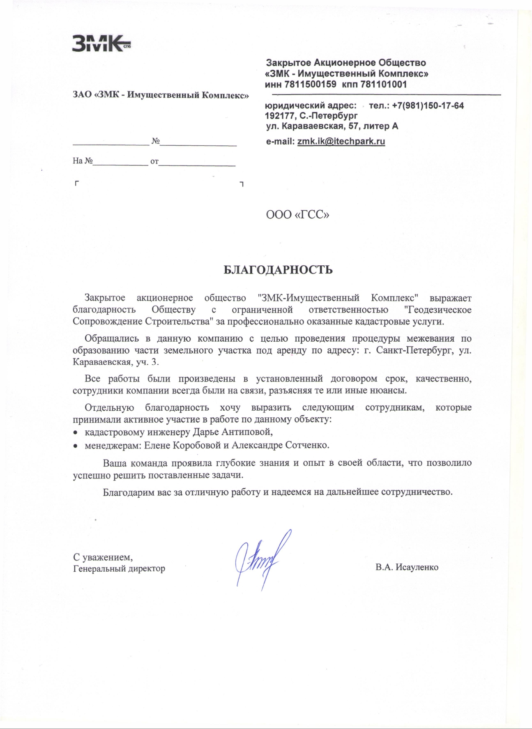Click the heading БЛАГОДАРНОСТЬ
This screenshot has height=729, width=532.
point(278,270)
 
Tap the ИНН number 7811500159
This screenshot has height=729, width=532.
point(310,85)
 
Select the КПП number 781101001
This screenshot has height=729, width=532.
point(384,85)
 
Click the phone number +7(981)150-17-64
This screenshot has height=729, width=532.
point(428,106)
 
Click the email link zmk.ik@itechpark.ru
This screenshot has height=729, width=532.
point(341,142)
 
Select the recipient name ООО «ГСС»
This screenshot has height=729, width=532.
point(297,215)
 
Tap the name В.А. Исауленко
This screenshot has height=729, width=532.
point(407,568)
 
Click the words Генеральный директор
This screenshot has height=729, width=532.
point(119,569)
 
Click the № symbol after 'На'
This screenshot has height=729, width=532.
point(89,161)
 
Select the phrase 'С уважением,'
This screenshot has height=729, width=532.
point(103,557)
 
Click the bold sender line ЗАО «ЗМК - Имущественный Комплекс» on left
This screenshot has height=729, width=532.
point(161,95)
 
